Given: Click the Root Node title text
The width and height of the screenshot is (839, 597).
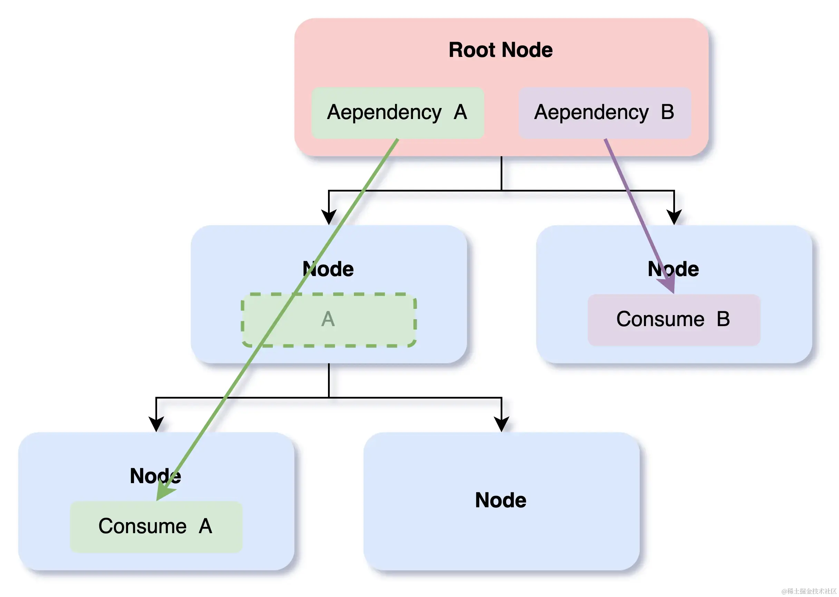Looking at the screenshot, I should (x=500, y=50).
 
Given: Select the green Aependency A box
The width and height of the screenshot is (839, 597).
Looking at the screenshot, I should (x=397, y=112).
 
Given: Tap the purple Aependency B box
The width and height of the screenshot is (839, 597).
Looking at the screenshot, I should (x=604, y=112).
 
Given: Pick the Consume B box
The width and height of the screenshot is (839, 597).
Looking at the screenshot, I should (x=673, y=319).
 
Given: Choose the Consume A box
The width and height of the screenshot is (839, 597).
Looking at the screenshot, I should (x=156, y=526).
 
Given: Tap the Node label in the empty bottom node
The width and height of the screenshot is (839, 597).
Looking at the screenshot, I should (x=500, y=500).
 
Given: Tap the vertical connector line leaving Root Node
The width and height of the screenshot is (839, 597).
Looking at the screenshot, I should (x=501, y=173).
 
